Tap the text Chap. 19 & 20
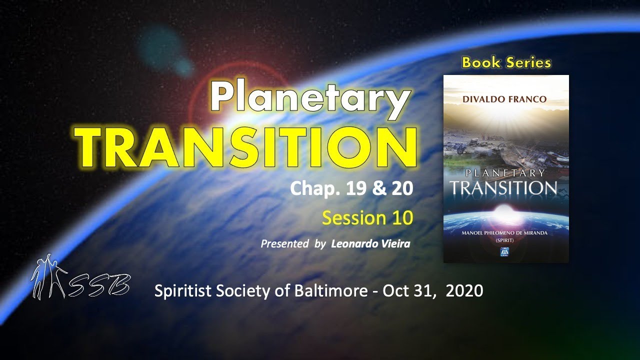351,188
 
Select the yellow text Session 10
367,218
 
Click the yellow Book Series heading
506,62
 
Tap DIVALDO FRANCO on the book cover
506,99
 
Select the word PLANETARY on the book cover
505,173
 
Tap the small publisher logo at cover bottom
506,254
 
